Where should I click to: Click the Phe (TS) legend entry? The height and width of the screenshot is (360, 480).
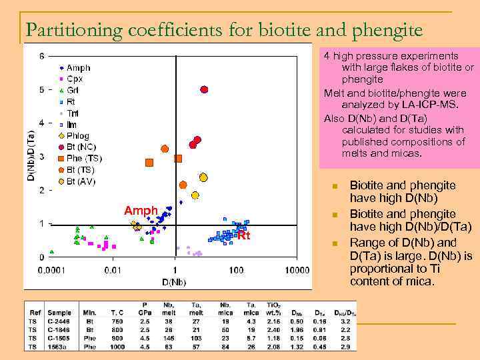(x=83, y=159)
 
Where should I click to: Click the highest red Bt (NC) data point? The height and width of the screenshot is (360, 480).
(x=205, y=89)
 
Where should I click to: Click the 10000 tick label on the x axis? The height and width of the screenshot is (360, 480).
(x=298, y=270)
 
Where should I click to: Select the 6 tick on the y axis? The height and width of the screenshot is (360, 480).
(x=42, y=56)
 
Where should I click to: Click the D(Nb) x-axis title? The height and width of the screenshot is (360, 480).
(x=175, y=282)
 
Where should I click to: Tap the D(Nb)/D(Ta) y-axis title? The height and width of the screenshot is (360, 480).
(x=30, y=157)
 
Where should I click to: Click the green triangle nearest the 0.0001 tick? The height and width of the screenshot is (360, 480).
(x=52, y=252)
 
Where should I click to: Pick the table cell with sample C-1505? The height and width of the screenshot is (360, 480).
(x=59, y=338)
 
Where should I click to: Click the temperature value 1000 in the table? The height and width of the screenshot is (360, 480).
(x=117, y=347)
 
